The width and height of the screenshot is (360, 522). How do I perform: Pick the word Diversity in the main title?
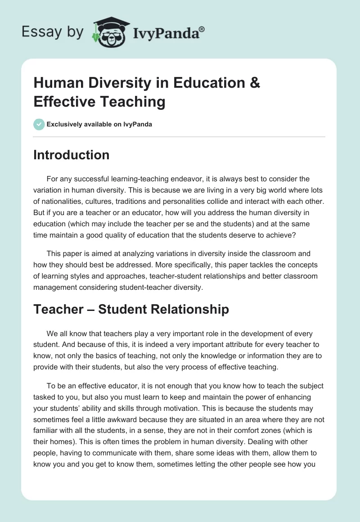click(111, 83)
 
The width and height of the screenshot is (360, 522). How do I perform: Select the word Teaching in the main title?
click(136, 102)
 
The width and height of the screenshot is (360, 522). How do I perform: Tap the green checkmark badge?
click(39, 124)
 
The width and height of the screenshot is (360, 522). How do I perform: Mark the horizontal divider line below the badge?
click(179, 136)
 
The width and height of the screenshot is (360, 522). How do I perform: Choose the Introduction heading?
click(72, 155)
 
